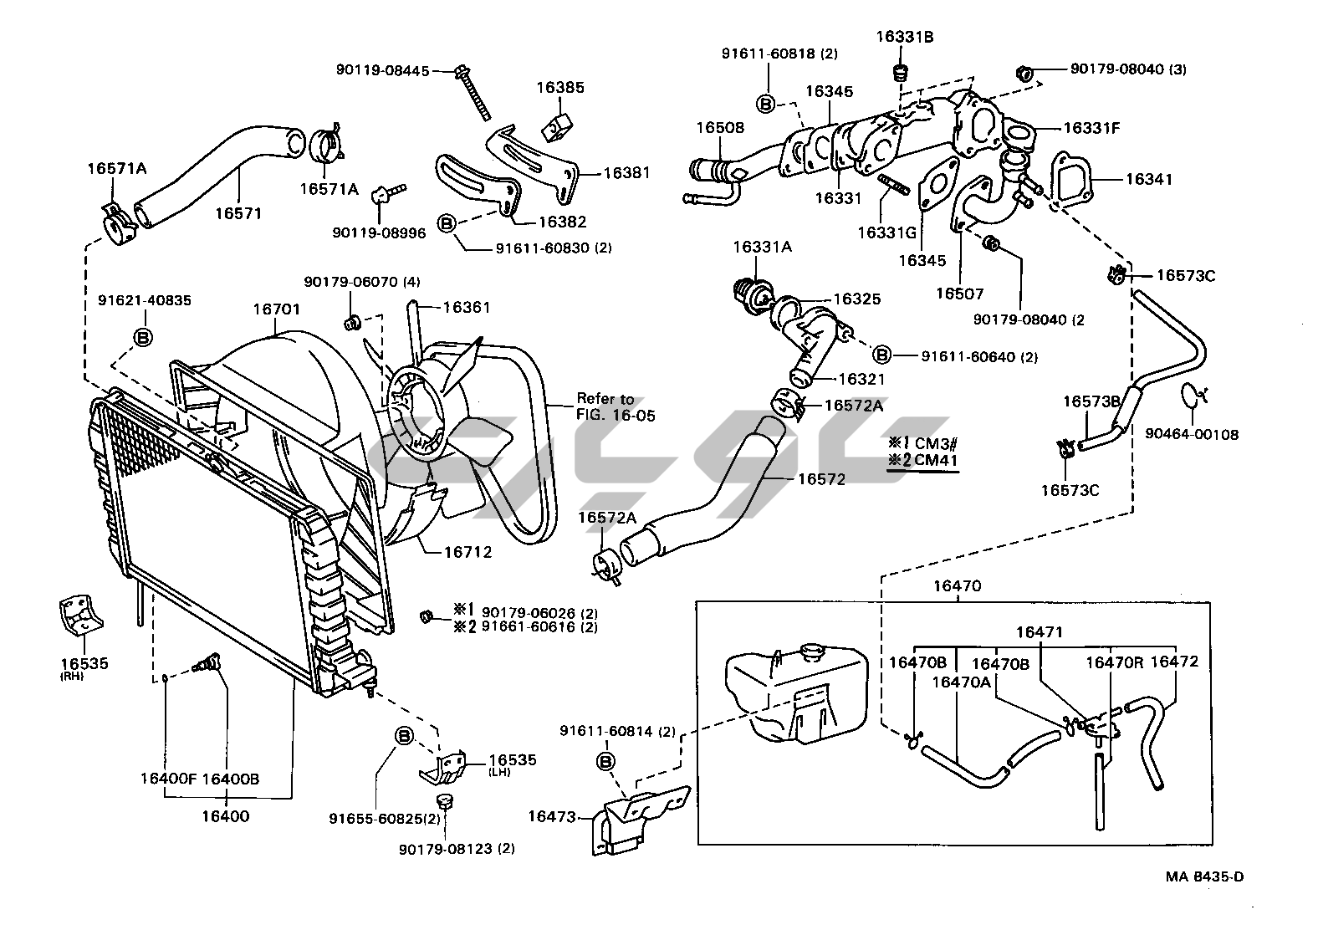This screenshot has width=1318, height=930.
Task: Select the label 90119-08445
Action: point(382,71)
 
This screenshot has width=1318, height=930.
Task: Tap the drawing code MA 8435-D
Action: point(1205,876)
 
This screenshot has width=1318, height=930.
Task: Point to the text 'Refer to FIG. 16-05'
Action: point(616,406)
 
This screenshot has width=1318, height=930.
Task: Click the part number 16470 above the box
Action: point(957,586)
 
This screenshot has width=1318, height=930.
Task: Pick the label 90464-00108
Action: point(1192,434)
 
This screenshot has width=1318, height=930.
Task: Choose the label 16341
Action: point(1148,179)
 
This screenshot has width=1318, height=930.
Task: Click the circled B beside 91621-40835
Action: point(143,337)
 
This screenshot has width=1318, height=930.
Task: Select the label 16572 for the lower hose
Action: point(821,479)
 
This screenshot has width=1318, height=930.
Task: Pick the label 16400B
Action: point(230,779)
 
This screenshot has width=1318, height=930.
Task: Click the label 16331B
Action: point(904,37)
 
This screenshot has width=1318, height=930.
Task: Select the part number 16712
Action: point(467,552)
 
